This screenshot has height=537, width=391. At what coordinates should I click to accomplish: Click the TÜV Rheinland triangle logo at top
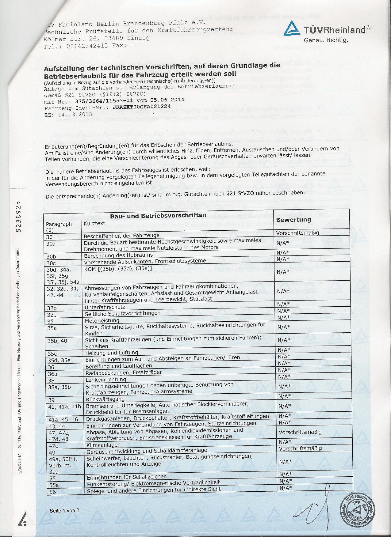[x=293, y=30]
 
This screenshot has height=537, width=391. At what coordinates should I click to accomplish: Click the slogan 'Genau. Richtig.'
[x=326, y=40]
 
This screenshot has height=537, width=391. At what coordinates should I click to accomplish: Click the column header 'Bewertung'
[x=293, y=220]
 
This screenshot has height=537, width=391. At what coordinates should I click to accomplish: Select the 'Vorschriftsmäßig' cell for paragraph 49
[x=300, y=448]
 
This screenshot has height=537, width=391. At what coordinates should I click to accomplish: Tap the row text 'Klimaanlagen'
[x=103, y=445]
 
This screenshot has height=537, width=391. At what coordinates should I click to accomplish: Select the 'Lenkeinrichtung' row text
[x=106, y=380]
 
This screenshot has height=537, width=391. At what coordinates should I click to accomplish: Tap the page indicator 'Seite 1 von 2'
[x=64, y=511]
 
